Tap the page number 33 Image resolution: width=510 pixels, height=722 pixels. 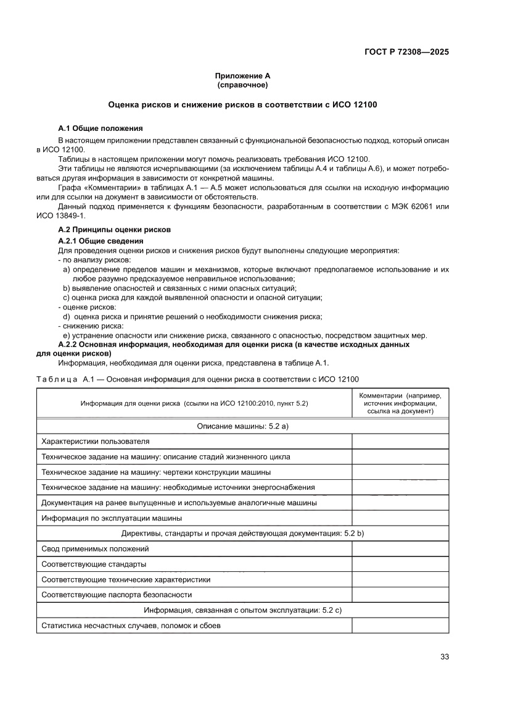[x=444, y=657]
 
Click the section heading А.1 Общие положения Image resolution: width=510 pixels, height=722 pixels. [x=100, y=128]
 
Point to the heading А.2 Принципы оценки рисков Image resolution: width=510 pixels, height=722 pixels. [x=114, y=229]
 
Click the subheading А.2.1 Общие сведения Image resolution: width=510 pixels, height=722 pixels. [x=101, y=240]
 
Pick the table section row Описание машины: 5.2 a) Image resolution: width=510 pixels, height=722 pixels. [x=242, y=426]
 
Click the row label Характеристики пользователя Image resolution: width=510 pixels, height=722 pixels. [x=95, y=442]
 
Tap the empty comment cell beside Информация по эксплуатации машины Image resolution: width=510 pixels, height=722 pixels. [x=400, y=518]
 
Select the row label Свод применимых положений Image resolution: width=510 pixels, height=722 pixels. [x=95, y=548]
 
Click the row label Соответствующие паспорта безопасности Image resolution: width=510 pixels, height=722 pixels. [x=116, y=595]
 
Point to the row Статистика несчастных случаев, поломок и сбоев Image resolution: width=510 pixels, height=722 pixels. [x=131, y=626]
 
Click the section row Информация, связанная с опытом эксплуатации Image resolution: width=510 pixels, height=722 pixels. [x=242, y=610]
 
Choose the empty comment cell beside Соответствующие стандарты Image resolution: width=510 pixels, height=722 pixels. [x=400, y=564]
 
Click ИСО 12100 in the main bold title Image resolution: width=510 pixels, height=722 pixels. [x=351, y=105]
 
